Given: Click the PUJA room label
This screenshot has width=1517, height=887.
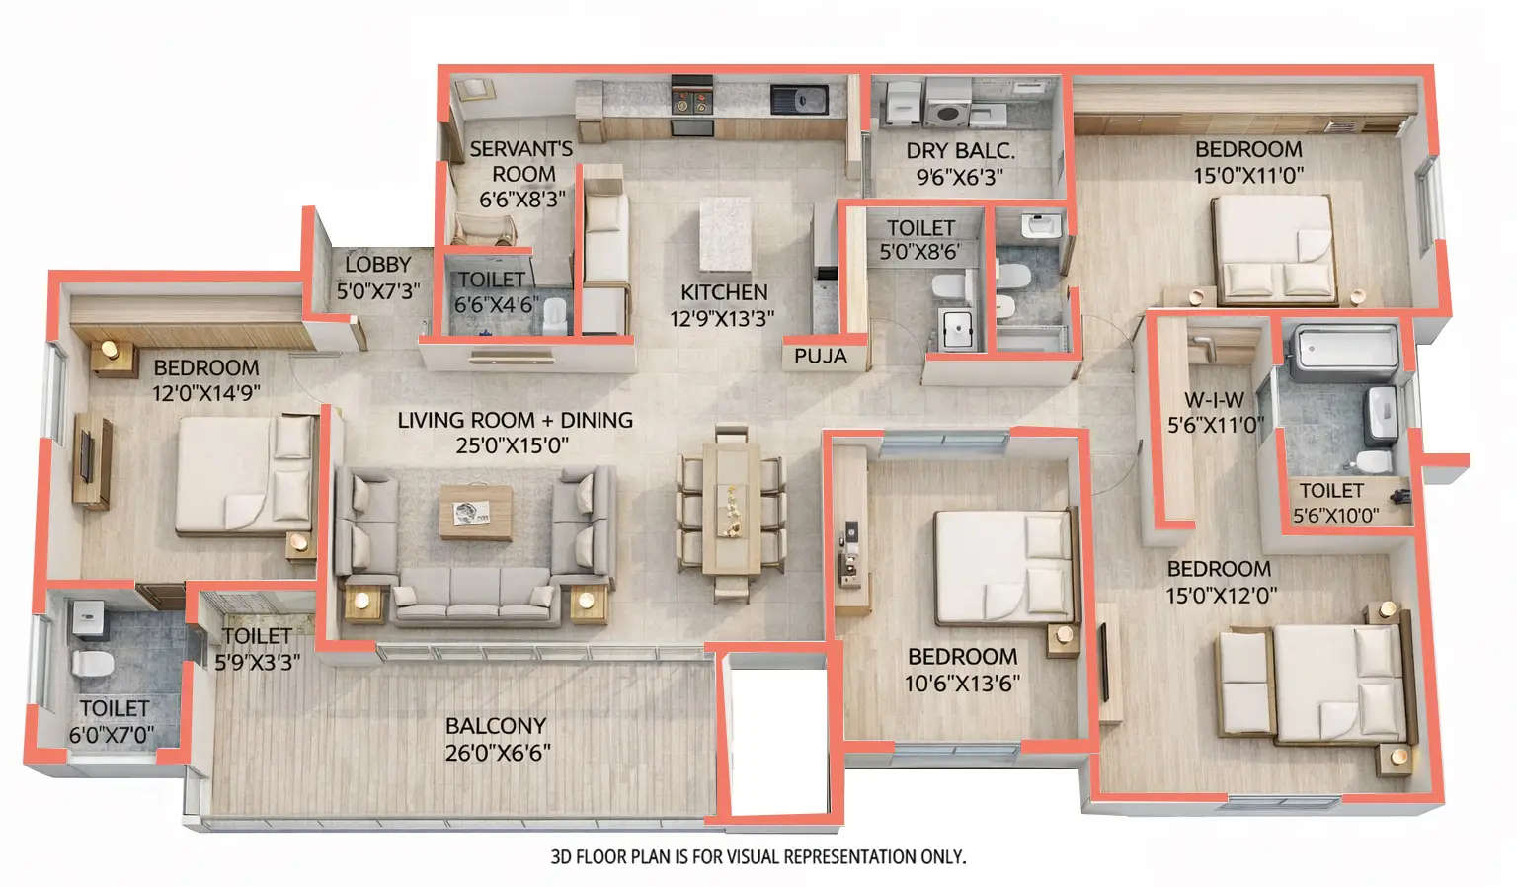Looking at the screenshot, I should point(820,356).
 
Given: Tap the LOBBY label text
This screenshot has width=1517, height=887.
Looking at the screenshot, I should point(377,265).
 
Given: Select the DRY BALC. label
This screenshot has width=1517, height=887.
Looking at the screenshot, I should point(960,151).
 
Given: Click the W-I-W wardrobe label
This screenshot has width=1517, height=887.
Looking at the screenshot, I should point(1214,400).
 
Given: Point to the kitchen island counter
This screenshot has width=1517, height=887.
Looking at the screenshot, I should point(726,233).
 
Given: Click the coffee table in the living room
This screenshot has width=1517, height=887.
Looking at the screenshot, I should point(476,512).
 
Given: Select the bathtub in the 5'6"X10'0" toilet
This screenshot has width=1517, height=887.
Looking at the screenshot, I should point(1344,351).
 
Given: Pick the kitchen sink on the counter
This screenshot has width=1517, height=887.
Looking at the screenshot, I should point(799,99).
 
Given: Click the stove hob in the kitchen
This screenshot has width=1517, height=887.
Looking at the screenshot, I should point(691,101).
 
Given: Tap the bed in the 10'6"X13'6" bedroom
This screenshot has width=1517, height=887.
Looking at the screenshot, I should point(1002,567).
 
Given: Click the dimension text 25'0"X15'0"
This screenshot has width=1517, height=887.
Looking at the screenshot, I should point(512,445).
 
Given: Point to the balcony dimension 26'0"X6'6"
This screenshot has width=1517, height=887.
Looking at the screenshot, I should point(497,752).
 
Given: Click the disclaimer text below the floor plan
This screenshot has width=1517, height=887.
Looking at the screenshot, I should point(758,857).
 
